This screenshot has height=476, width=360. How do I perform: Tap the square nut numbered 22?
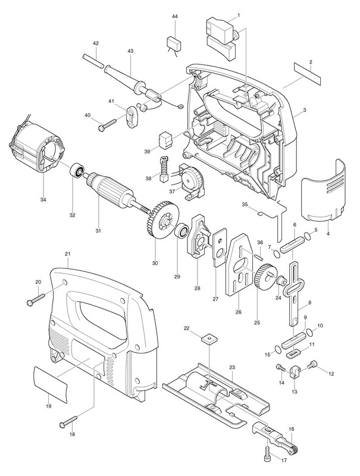click(210, 339)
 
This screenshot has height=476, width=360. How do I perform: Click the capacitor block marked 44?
click(174, 42)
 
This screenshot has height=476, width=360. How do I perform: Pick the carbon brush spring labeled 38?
click(163, 169)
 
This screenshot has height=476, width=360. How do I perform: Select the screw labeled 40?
click(108, 125)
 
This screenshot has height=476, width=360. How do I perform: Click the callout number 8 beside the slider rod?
click(309, 302)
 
